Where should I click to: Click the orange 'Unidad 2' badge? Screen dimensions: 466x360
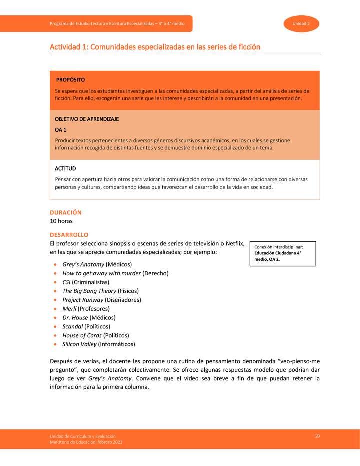(302, 24)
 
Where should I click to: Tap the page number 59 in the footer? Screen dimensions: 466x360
(317, 436)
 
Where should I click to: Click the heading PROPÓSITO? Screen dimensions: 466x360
(70, 80)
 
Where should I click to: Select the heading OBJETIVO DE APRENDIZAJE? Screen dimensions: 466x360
(87, 119)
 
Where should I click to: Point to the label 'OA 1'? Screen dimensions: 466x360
(61, 130)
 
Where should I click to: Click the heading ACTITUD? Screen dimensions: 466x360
(65, 169)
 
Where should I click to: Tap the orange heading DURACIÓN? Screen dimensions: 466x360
(65, 212)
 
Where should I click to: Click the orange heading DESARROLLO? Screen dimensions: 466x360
(69, 234)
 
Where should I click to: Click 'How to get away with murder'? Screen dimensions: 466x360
(101, 273)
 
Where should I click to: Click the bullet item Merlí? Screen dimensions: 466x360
(69, 309)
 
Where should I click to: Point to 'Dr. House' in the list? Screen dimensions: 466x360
(75, 318)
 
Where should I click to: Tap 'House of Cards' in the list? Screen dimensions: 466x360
(82, 335)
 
